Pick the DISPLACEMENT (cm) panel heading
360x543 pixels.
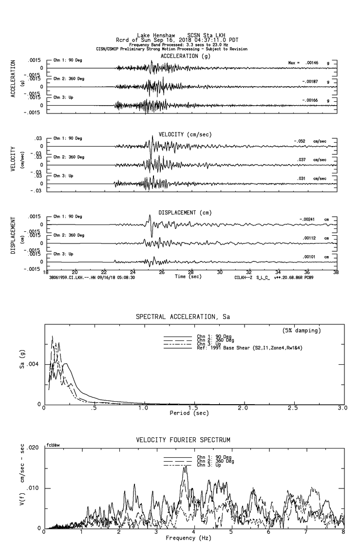pyautogui.click(x=184, y=213)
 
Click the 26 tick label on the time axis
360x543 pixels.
pyautogui.click(x=162, y=272)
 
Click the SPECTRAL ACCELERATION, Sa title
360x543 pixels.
pyautogui.click(x=183, y=317)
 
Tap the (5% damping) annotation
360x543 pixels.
pyautogui.click(x=302, y=331)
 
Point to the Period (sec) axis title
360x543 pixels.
pyautogui.click(x=190, y=413)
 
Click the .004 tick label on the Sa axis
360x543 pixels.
pyautogui.click(x=35, y=364)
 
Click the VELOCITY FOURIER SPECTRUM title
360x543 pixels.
pyautogui.click(x=183, y=440)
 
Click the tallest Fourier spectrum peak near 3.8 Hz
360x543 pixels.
pyautogui.click(x=185, y=467)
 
